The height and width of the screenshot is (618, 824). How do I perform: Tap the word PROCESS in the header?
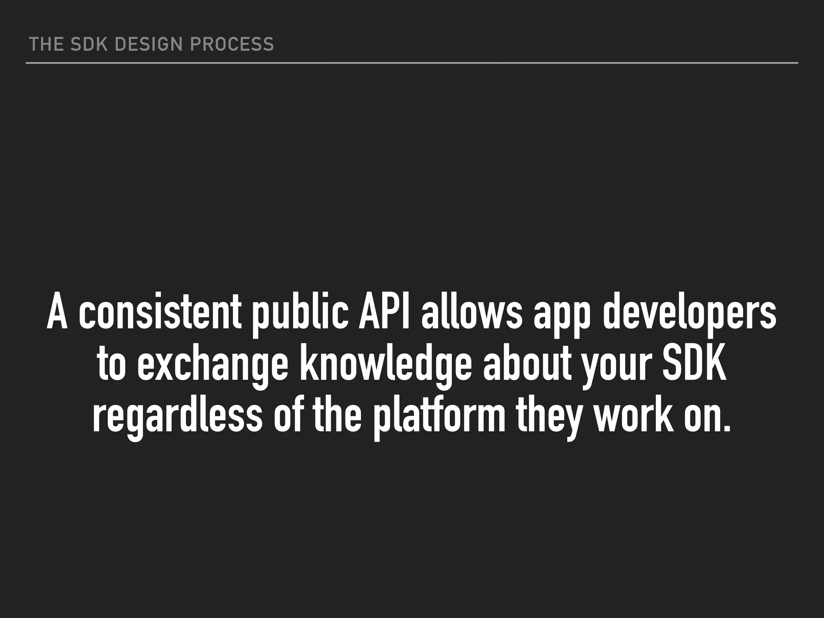click(232, 44)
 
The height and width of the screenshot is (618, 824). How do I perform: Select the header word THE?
click(45, 44)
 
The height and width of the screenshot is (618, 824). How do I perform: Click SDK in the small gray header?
click(89, 44)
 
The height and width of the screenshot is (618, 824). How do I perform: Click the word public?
click(300, 314)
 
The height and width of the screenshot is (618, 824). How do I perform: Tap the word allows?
click(471, 314)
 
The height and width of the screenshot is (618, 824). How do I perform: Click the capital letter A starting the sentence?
click(57, 314)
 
